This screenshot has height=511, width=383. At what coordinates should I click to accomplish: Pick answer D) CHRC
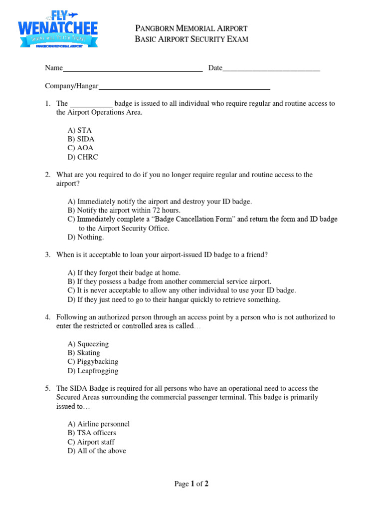point(83,157)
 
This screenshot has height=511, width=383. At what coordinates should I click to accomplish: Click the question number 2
point(47,175)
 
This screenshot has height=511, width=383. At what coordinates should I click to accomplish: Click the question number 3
point(47,255)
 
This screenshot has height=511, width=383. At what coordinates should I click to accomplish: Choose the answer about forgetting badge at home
point(124,273)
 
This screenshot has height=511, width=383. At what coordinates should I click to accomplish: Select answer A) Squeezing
point(88,344)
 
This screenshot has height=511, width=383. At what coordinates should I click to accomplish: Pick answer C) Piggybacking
point(93,362)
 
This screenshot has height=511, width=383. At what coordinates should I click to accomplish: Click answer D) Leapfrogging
point(93,371)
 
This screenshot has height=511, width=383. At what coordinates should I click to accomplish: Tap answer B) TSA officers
point(92,433)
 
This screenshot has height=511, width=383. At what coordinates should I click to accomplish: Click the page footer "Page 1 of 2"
point(191,484)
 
